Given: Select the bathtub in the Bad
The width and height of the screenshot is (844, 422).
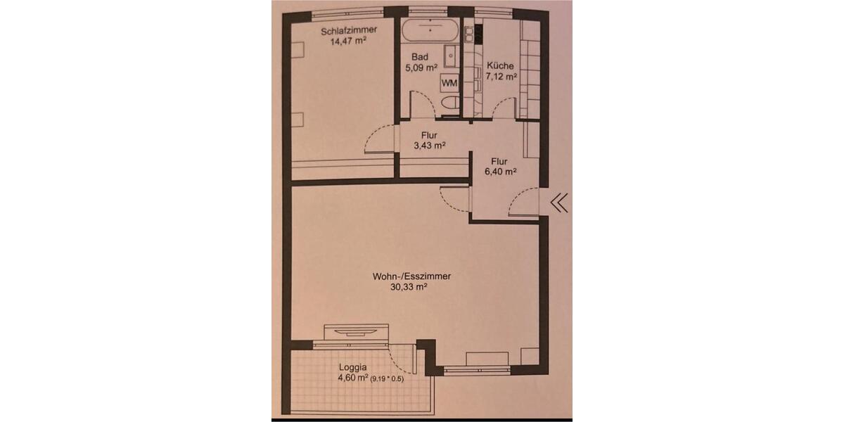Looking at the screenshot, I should [x=430, y=31].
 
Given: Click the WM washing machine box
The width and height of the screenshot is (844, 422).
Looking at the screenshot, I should [x=449, y=83].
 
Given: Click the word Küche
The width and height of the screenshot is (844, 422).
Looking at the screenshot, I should [x=501, y=66].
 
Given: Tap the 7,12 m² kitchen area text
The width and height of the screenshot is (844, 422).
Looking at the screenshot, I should [x=501, y=77].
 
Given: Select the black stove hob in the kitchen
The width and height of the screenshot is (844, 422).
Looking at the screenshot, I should [x=478, y=32].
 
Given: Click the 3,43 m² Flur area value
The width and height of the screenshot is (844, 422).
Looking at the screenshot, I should [x=430, y=146].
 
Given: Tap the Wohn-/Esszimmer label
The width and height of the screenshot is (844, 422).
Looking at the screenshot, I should [x=411, y=276].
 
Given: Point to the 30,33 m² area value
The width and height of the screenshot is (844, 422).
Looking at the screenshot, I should [x=411, y=287].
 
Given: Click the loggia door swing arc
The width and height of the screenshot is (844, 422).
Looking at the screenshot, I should [x=404, y=362].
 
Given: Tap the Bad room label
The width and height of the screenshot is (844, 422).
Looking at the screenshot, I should [x=421, y=57].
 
